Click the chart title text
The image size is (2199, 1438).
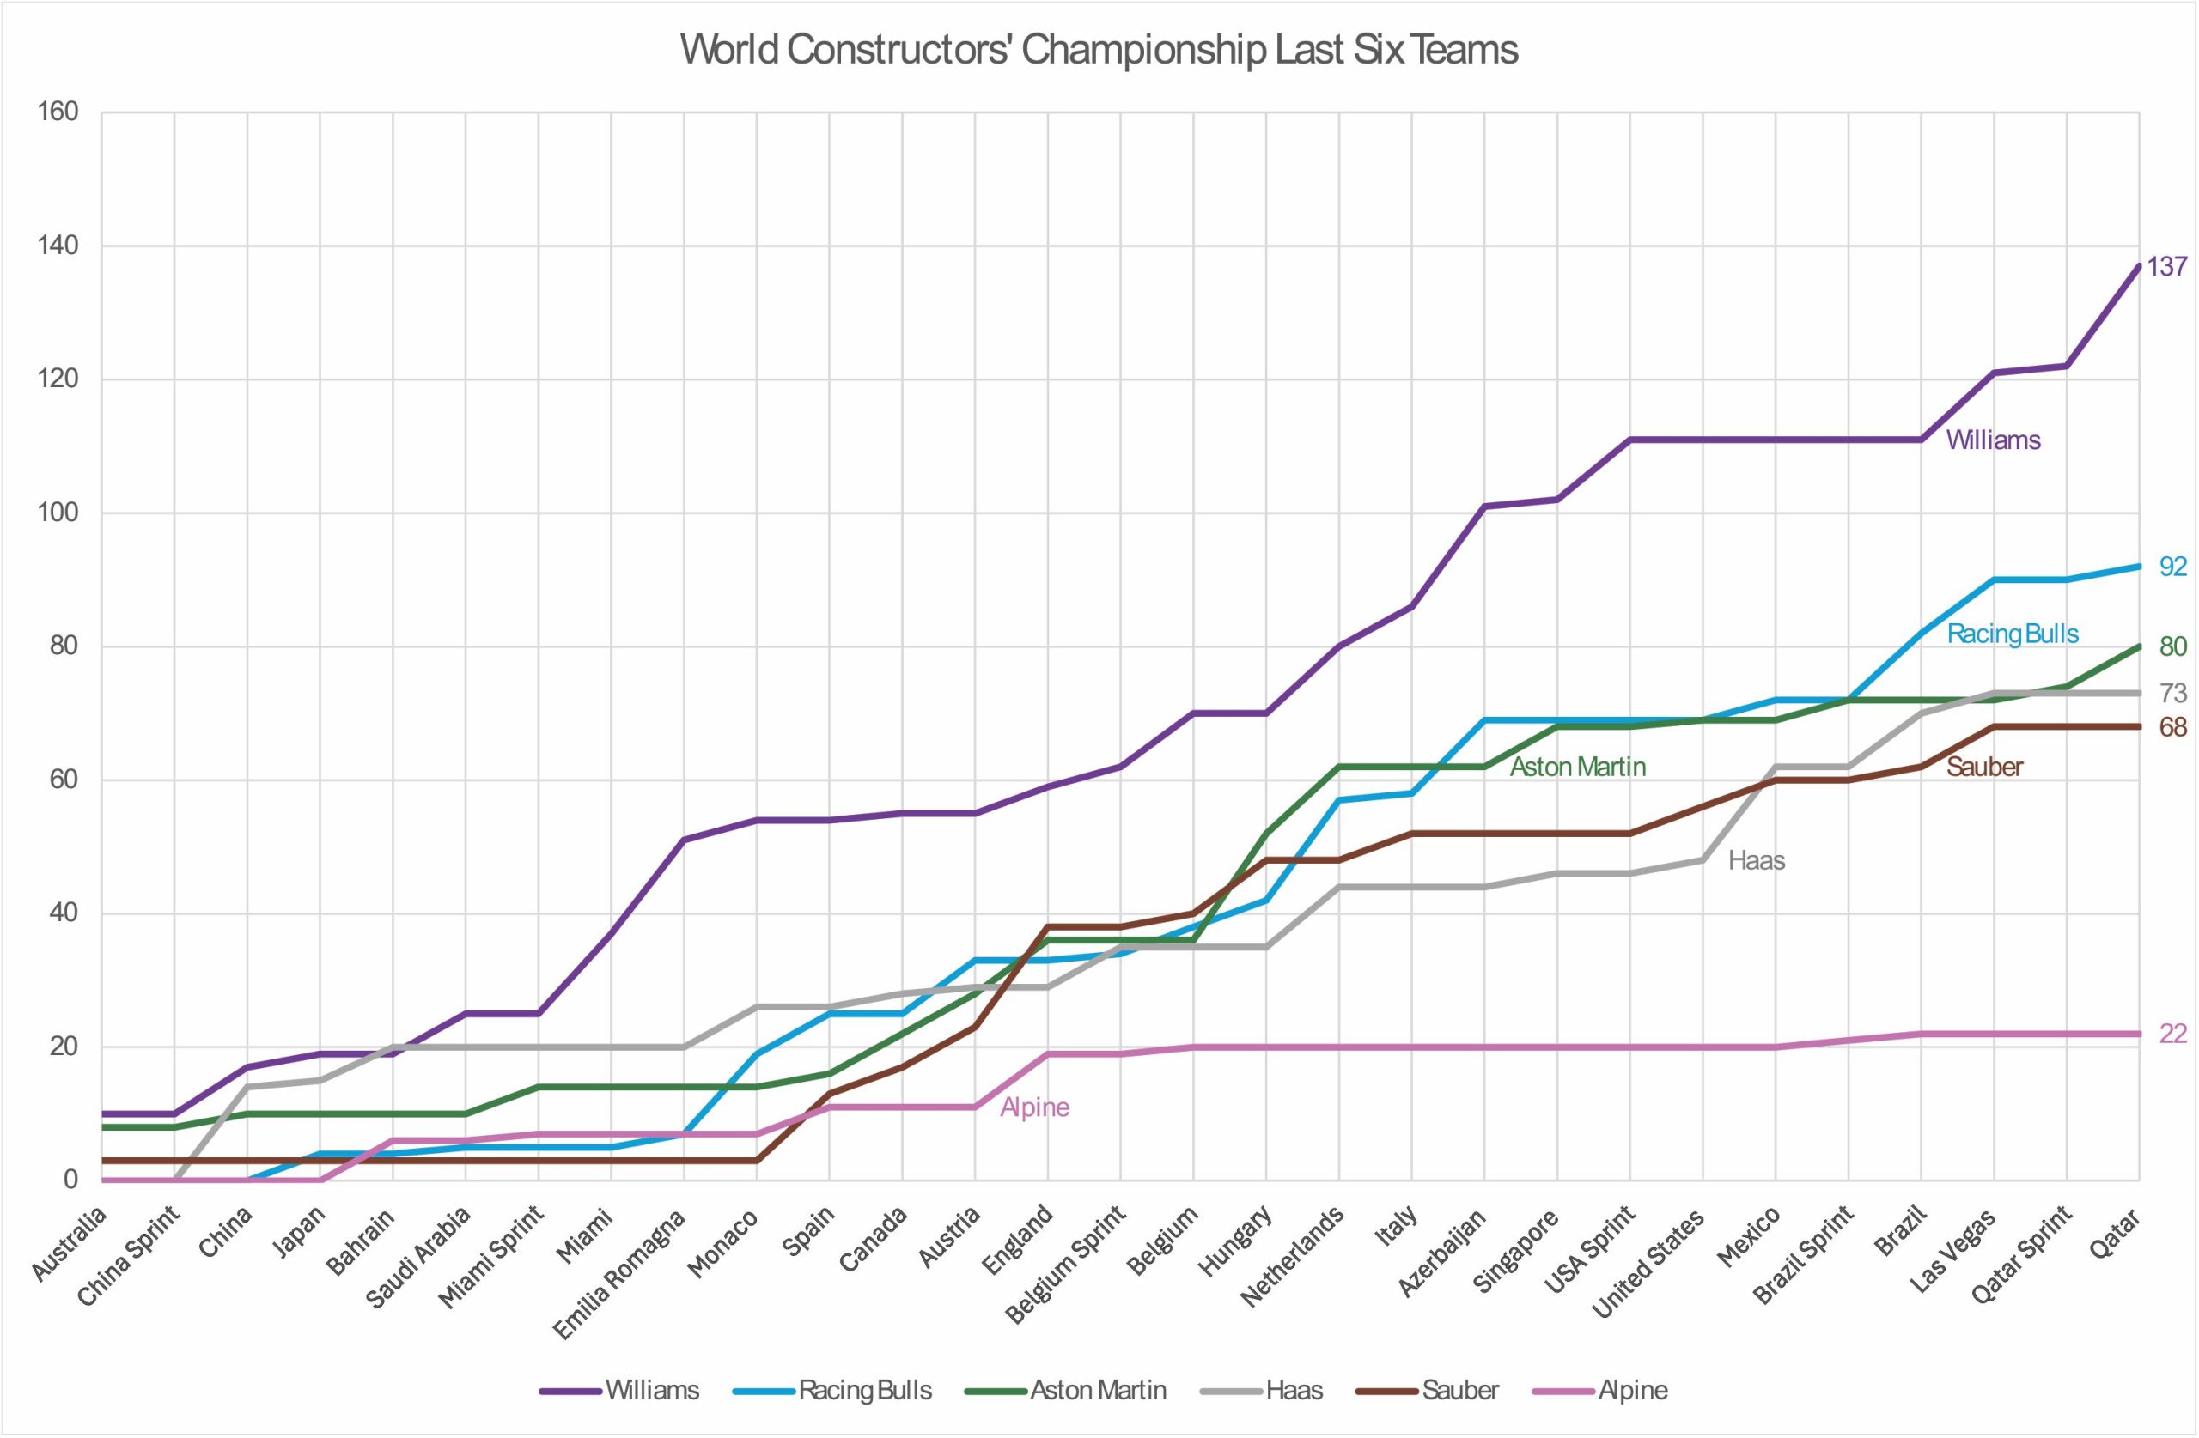pos(1099,50)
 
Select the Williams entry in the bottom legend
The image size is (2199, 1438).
pos(651,1390)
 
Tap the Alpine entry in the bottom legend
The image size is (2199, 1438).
pos(1633,1390)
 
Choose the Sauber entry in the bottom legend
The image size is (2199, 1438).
pos(1459,1390)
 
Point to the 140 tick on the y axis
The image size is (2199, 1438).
pos(58,246)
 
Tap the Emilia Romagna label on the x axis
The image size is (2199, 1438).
pos(621,1275)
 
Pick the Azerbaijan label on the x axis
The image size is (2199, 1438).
pos(1443,1253)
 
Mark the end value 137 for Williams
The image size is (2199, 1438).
pos(2166,267)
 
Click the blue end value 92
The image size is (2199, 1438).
pos(2172,567)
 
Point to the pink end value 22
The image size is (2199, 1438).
pos(2172,1034)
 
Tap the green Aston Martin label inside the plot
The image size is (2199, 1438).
pos(1577,767)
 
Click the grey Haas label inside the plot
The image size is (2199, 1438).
pos(1756,861)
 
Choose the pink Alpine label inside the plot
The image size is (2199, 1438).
pos(1034,1107)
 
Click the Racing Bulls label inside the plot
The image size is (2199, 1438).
pos(2013,634)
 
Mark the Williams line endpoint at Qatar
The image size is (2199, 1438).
pos(2138,266)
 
